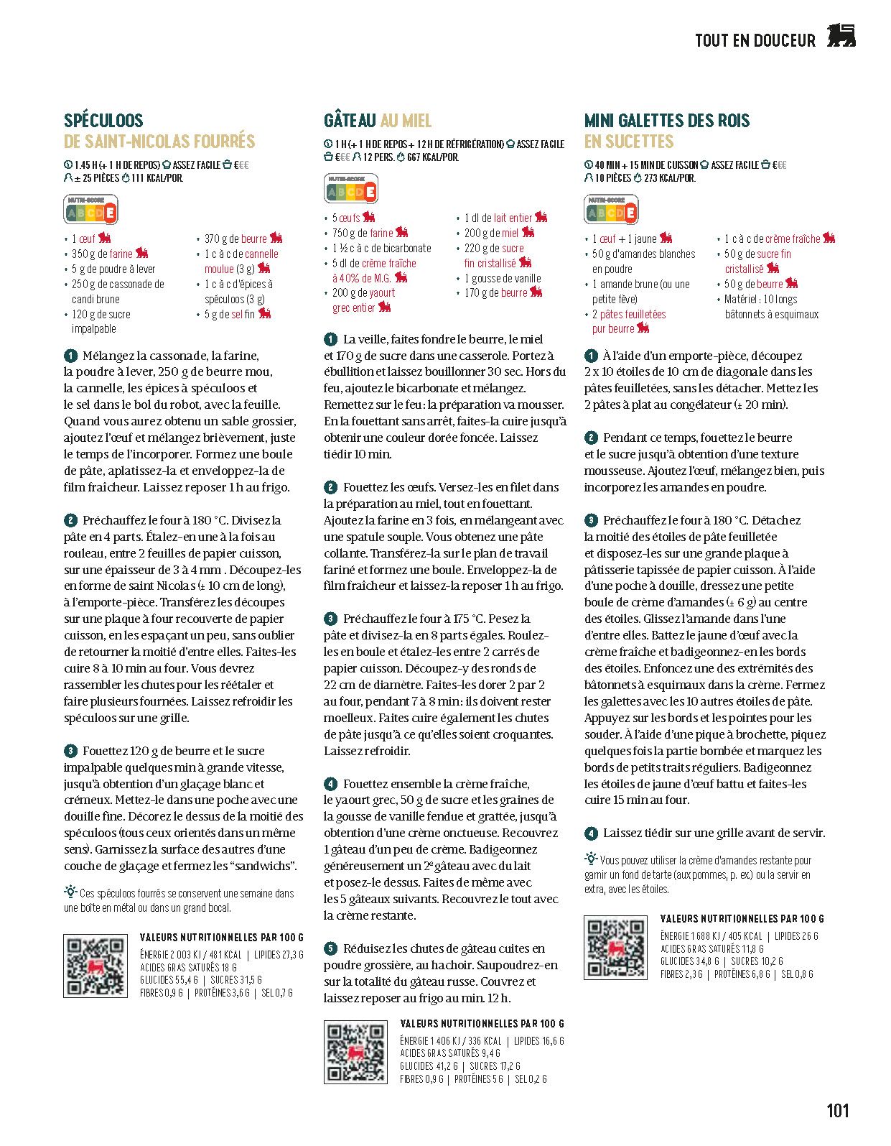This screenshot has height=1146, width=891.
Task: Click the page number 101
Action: click(x=837, y=1110)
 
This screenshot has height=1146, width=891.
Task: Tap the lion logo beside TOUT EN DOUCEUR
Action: click(x=841, y=36)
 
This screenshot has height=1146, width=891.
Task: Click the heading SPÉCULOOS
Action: click(x=103, y=121)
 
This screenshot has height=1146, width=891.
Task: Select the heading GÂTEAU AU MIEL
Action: click(x=378, y=121)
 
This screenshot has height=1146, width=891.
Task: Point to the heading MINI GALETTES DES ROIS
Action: click(x=667, y=121)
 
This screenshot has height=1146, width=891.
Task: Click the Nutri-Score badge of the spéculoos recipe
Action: click(x=91, y=211)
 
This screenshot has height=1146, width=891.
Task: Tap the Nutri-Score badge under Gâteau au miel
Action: click(x=351, y=190)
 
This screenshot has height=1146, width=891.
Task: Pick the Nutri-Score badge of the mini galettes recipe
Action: click(x=611, y=211)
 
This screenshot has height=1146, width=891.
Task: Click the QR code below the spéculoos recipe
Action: click(x=95, y=966)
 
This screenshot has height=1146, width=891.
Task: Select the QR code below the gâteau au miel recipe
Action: click(x=355, y=1052)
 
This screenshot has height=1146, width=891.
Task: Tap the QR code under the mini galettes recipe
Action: click(x=615, y=947)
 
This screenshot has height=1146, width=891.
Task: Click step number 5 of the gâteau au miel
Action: click(x=330, y=948)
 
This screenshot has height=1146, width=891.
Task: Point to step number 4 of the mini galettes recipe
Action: click(x=591, y=833)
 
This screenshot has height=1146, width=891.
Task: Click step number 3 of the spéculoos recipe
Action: click(x=70, y=751)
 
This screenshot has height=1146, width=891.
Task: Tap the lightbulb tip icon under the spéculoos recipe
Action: click(x=70, y=892)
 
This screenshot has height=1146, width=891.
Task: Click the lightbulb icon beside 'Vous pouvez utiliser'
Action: click(x=591, y=858)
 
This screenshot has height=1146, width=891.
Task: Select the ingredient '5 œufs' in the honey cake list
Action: click(x=346, y=218)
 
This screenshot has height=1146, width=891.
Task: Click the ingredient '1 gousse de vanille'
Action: click(x=503, y=278)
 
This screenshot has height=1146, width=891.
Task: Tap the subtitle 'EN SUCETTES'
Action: click(x=629, y=142)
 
